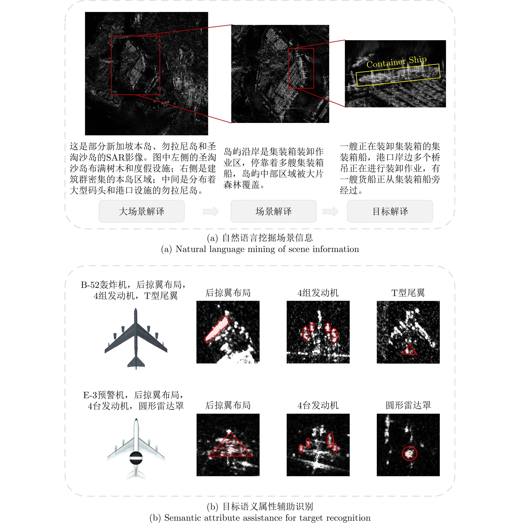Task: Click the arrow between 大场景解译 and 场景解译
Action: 210,211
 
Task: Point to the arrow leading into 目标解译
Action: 330,211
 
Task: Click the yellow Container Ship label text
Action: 396,62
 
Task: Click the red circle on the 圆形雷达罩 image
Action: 409,453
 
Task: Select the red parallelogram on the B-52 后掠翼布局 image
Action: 217,329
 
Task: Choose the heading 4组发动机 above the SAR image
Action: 318,293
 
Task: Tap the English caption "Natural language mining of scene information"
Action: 267,249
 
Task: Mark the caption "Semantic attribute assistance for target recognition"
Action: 267,518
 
